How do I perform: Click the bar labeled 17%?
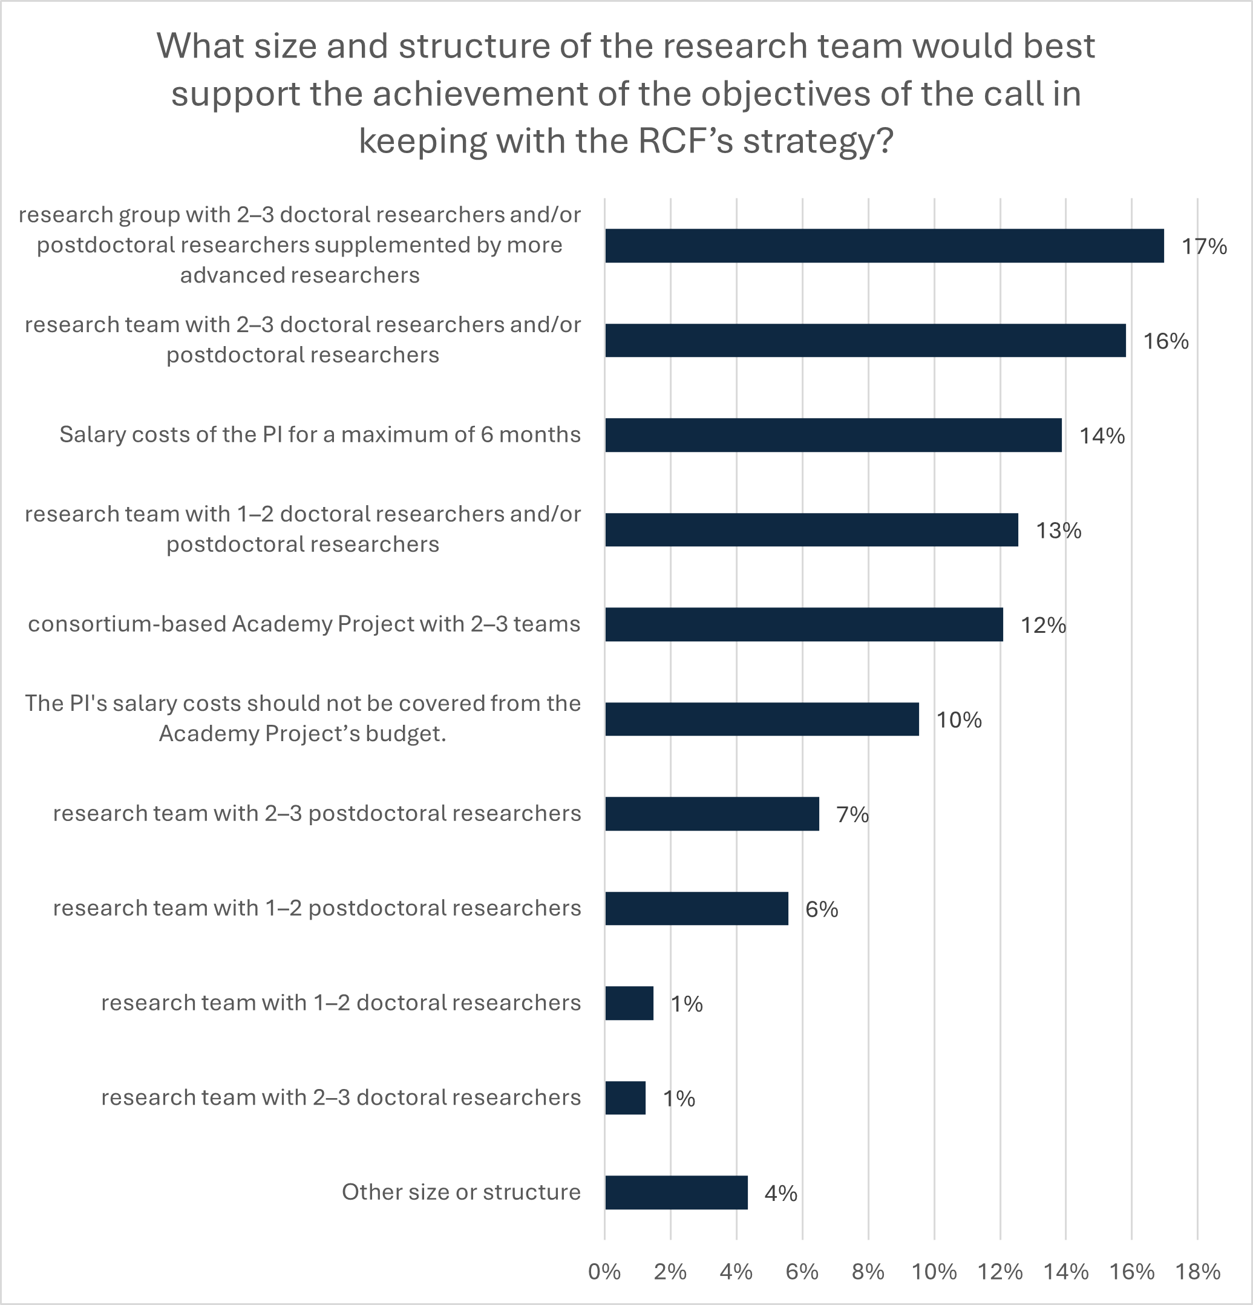(884, 246)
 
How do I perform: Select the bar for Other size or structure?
(676, 1192)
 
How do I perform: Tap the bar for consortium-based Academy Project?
(803, 624)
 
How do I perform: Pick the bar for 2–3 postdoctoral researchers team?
(712, 814)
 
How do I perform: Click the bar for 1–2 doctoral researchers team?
(629, 1003)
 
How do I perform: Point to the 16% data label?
(1166, 342)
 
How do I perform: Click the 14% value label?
(1102, 436)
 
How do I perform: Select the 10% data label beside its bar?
(959, 720)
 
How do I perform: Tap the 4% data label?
(780, 1193)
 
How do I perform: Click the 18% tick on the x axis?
(1198, 1272)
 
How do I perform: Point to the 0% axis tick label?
(604, 1272)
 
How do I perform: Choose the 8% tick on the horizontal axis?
(868, 1272)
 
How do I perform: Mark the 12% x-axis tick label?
(1000, 1272)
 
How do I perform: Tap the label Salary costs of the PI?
(319, 435)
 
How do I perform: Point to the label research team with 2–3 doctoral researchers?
(341, 1097)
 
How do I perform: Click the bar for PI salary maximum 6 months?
(833, 436)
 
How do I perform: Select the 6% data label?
(822, 909)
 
